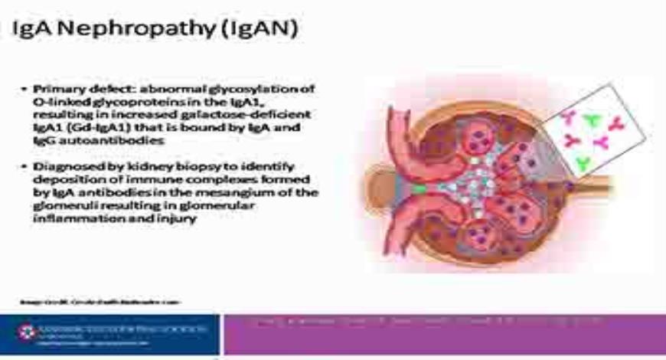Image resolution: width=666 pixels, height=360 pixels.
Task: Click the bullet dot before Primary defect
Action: (x=24, y=90)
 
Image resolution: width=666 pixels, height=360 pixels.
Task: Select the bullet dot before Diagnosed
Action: (x=24, y=165)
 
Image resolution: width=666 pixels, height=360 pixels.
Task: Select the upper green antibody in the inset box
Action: (x=591, y=120)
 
